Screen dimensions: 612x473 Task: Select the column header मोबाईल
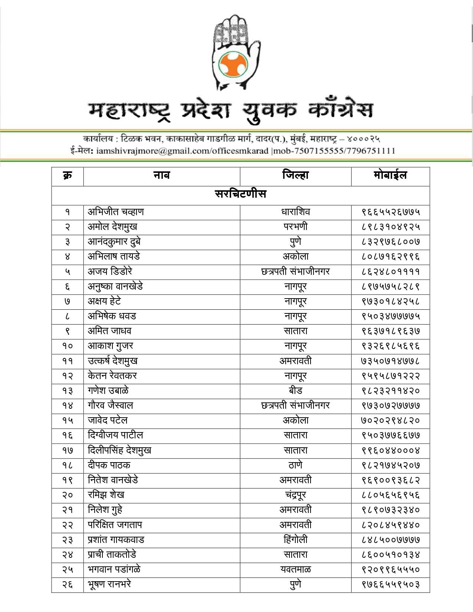pyautogui.click(x=390, y=175)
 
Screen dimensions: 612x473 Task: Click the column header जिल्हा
pyautogui.click(x=295, y=175)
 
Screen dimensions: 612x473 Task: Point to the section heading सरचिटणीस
pyautogui.click(x=240, y=194)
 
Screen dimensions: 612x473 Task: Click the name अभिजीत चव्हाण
pyautogui.click(x=116, y=212)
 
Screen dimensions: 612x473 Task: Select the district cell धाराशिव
pyautogui.click(x=295, y=212)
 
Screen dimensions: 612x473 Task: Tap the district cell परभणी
pyautogui.click(x=295, y=227)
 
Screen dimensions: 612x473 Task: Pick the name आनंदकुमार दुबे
pyautogui.click(x=114, y=242)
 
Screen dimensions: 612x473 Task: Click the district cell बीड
pyautogui.click(x=295, y=391)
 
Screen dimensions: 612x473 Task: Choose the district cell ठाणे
pyautogui.click(x=295, y=465)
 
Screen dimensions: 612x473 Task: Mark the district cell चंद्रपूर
pyautogui.click(x=295, y=495)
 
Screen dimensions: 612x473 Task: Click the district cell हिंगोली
pyautogui.click(x=295, y=540)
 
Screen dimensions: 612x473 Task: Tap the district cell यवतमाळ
pyautogui.click(x=295, y=569)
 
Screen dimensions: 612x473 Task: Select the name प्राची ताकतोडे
pyautogui.click(x=112, y=555)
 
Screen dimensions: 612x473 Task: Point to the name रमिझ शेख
pyautogui.click(x=106, y=495)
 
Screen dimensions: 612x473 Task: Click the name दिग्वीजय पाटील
pyautogui.click(x=115, y=435)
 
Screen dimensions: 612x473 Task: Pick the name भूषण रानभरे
pyautogui.click(x=109, y=584)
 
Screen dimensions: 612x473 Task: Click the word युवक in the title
pyautogui.click(x=270, y=110)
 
